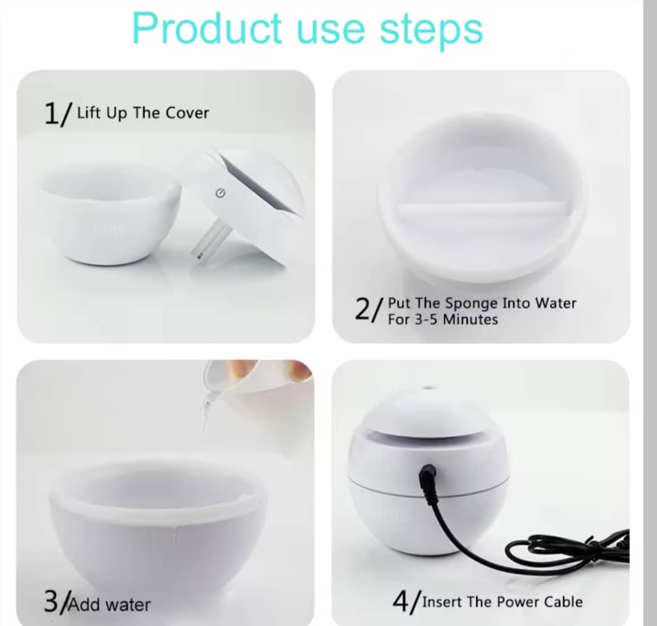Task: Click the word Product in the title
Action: [207, 29]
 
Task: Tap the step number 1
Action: [51, 114]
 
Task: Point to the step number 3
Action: [51, 601]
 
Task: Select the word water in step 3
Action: [128, 605]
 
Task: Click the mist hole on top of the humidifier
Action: [428, 387]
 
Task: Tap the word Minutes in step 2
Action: [470, 320]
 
